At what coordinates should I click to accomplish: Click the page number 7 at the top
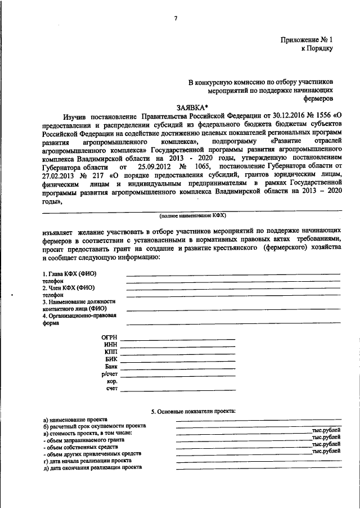[x=175, y=19]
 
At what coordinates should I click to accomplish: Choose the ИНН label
[x=111, y=344]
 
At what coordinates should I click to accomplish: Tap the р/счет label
[x=109, y=373]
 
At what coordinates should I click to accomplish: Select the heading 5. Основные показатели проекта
[x=193, y=412]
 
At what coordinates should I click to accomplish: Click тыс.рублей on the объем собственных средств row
[x=326, y=445]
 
